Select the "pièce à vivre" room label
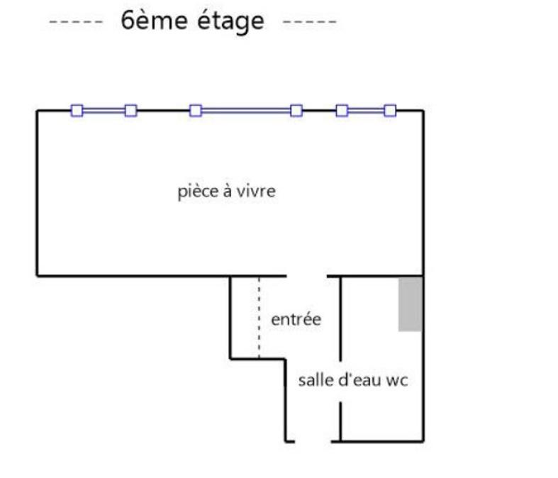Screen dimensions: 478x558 point(226,191)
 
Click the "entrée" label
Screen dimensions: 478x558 point(296,319)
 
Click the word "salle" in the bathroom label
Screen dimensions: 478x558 point(313,380)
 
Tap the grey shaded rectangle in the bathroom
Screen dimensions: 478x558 point(411,304)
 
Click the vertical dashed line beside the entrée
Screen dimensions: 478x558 point(259,318)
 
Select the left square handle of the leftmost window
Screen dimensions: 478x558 point(77,110)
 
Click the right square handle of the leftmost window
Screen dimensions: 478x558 point(130,110)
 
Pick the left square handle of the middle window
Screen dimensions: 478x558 point(196,110)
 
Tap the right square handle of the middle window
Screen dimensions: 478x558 point(296,110)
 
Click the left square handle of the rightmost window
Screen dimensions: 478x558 point(342,110)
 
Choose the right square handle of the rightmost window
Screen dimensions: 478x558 point(389,110)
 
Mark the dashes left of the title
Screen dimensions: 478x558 point(77,22)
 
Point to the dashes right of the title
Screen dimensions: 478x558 point(309,22)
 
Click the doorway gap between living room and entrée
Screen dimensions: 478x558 point(306,275)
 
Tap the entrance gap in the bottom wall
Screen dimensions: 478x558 point(312,441)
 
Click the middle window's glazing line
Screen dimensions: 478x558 point(246,110)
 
